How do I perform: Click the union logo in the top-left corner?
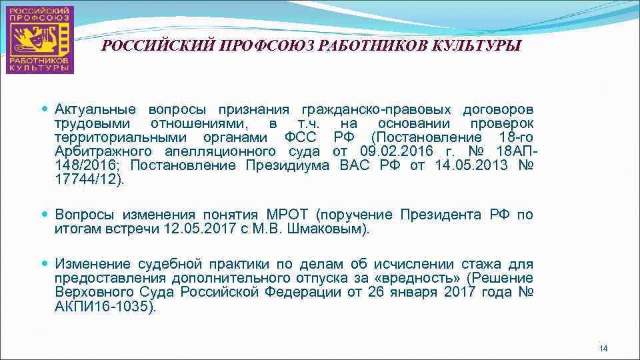(x=41, y=39)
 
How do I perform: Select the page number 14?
(x=603, y=349)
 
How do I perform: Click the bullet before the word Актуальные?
(x=45, y=109)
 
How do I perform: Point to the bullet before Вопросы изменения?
(x=45, y=214)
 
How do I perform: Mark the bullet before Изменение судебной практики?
(x=45, y=263)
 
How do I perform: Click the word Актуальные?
(x=95, y=109)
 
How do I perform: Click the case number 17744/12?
(x=86, y=179)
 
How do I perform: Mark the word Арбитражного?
(x=98, y=151)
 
